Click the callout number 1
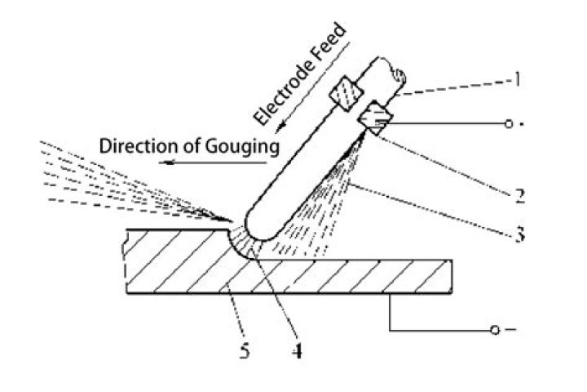click(517, 78)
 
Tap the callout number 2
click(519, 196)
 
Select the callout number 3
click(519, 234)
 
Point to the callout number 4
click(297, 351)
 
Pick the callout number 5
click(245, 351)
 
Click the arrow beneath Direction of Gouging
click(213, 163)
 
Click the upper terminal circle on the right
click(508, 123)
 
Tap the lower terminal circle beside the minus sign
click(495, 330)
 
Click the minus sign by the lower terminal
click(510, 330)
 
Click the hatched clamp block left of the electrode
click(346, 92)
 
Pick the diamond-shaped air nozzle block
click(376, 118)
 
